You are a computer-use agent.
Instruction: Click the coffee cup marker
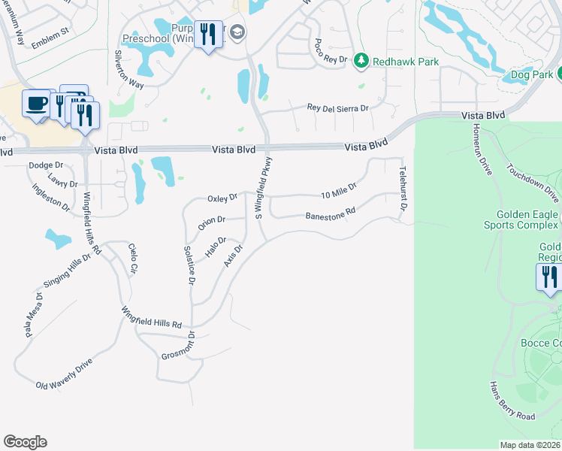point(36,103)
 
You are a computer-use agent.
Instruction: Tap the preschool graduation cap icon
point(238,32)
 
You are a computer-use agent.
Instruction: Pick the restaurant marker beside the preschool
point(208,35)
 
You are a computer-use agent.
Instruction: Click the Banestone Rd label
point(330,216)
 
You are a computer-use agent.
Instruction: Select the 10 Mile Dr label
point(338,192)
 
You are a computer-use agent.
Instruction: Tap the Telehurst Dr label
point(403,188)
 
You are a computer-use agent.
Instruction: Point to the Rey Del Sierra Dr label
point(338,108)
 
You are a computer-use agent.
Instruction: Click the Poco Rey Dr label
point(331,51)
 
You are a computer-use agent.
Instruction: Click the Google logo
point(25,442)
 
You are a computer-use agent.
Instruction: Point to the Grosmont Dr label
point(178,344)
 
